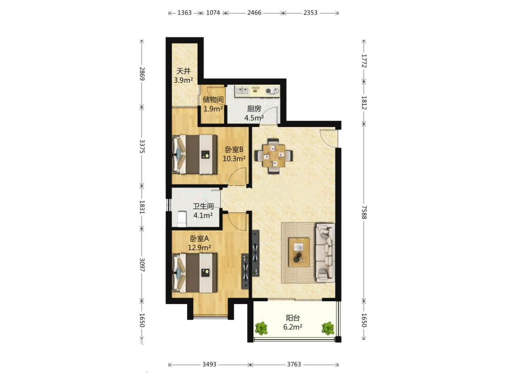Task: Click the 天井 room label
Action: pos(183,71)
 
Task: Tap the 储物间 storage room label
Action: pos(213,100)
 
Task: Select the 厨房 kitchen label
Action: pos(254,109)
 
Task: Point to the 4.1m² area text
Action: pos(203,215)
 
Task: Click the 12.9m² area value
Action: pos(199,248)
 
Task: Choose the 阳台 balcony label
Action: pos(293,318)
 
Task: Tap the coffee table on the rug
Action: pos(299,252)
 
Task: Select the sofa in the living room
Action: pos(325,253)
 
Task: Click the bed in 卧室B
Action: pos(195,154)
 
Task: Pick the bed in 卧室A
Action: pos(195,273)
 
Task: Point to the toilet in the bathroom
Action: pos(182,219)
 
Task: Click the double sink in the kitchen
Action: pos(242,90)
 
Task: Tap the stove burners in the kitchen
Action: pos(272,91)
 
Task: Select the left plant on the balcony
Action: pos(261,328)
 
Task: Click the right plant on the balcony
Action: pos(328,328)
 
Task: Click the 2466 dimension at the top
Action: pos(254,13)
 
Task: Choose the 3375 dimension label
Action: pos(142,146)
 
